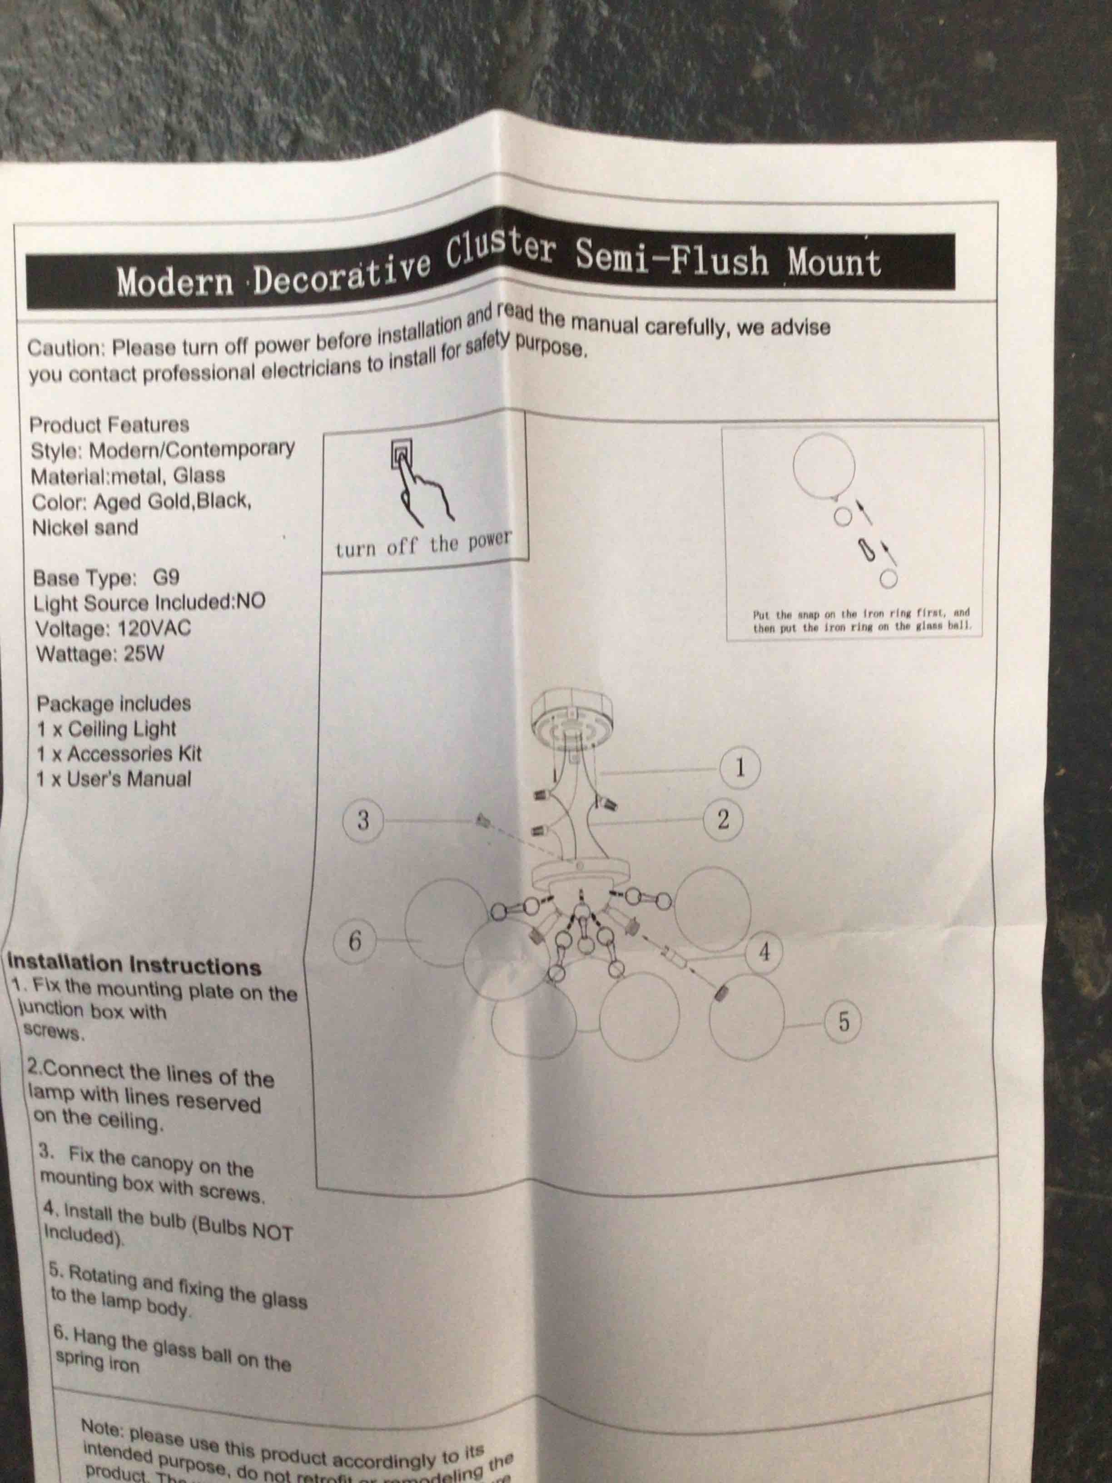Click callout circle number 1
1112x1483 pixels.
[740, 767]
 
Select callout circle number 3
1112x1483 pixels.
[362, 820]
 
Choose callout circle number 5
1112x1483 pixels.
[843, 1022]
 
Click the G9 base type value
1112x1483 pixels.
[166, 577]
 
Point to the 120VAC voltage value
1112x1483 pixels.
[154, 629]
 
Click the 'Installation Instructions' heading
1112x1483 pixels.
[134, 965]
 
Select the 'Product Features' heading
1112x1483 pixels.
[109, 424]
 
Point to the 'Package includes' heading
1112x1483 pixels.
[114, 704]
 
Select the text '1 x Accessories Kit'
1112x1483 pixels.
[119, 754]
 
